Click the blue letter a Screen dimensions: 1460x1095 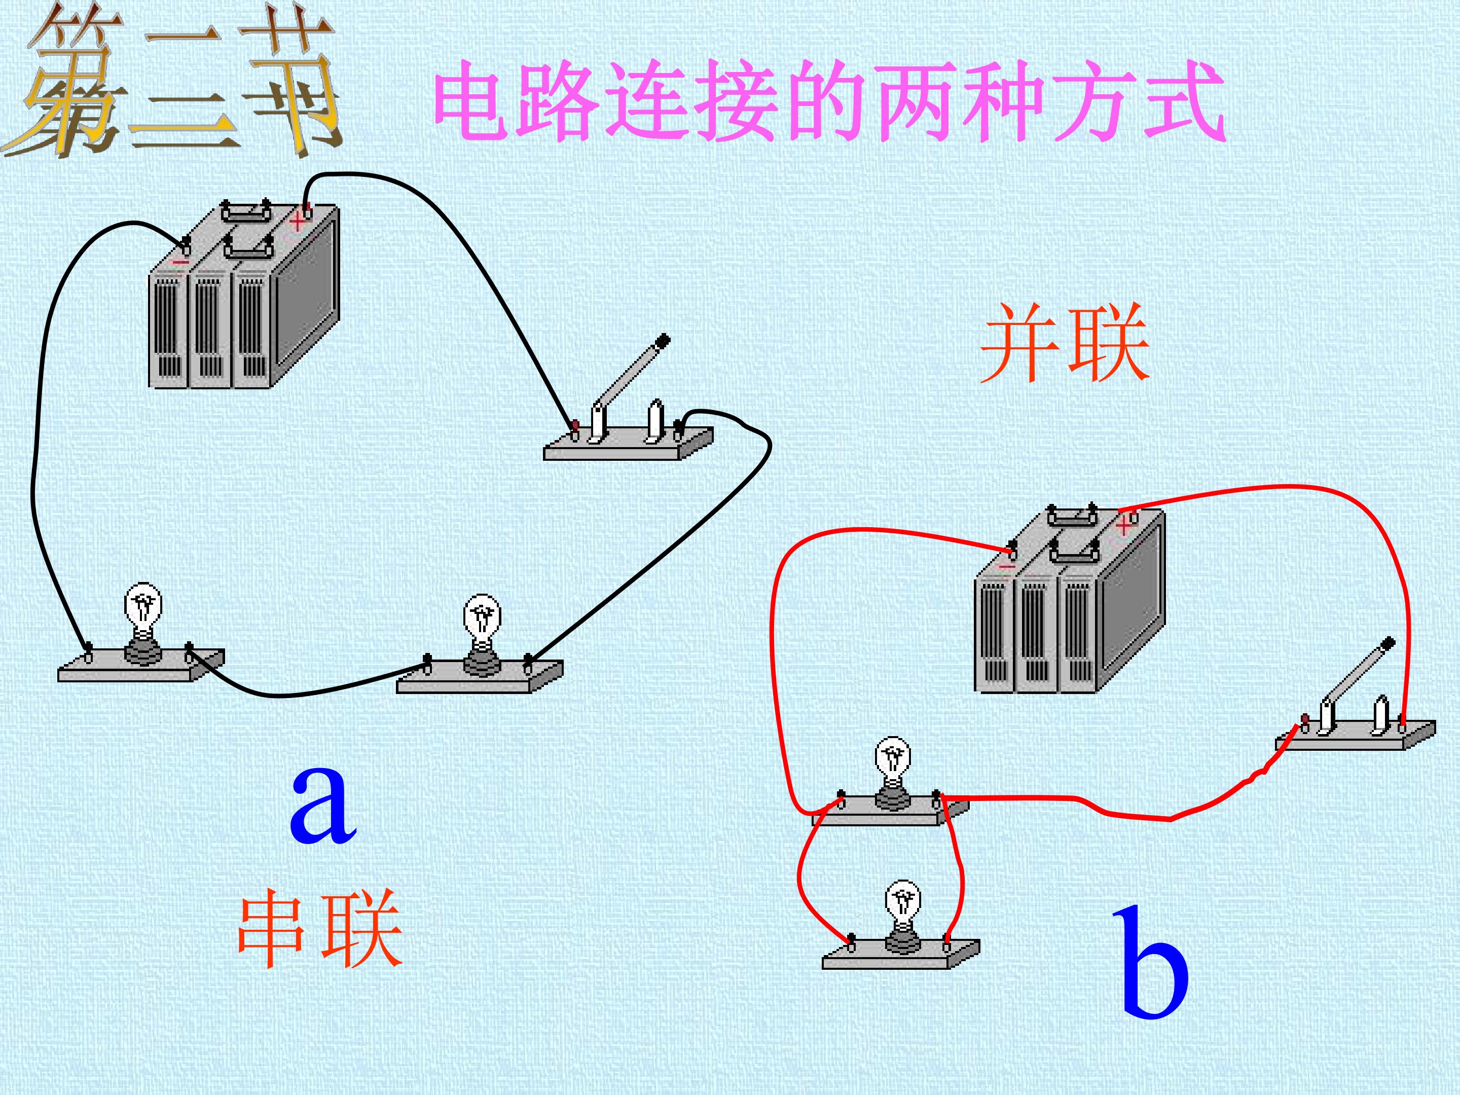(323, 805)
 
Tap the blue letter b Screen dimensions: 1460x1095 (1154, 961)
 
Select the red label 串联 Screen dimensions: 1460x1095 (320, 929)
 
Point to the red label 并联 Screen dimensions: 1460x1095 (1065, 343)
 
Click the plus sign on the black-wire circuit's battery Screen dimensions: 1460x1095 (298, 220)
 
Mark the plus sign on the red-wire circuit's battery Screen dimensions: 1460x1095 (1124, 526)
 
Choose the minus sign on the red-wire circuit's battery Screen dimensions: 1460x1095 (1007, 566)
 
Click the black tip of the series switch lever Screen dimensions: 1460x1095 (663, 341)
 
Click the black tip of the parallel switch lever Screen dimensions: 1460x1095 (1388, 643)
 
